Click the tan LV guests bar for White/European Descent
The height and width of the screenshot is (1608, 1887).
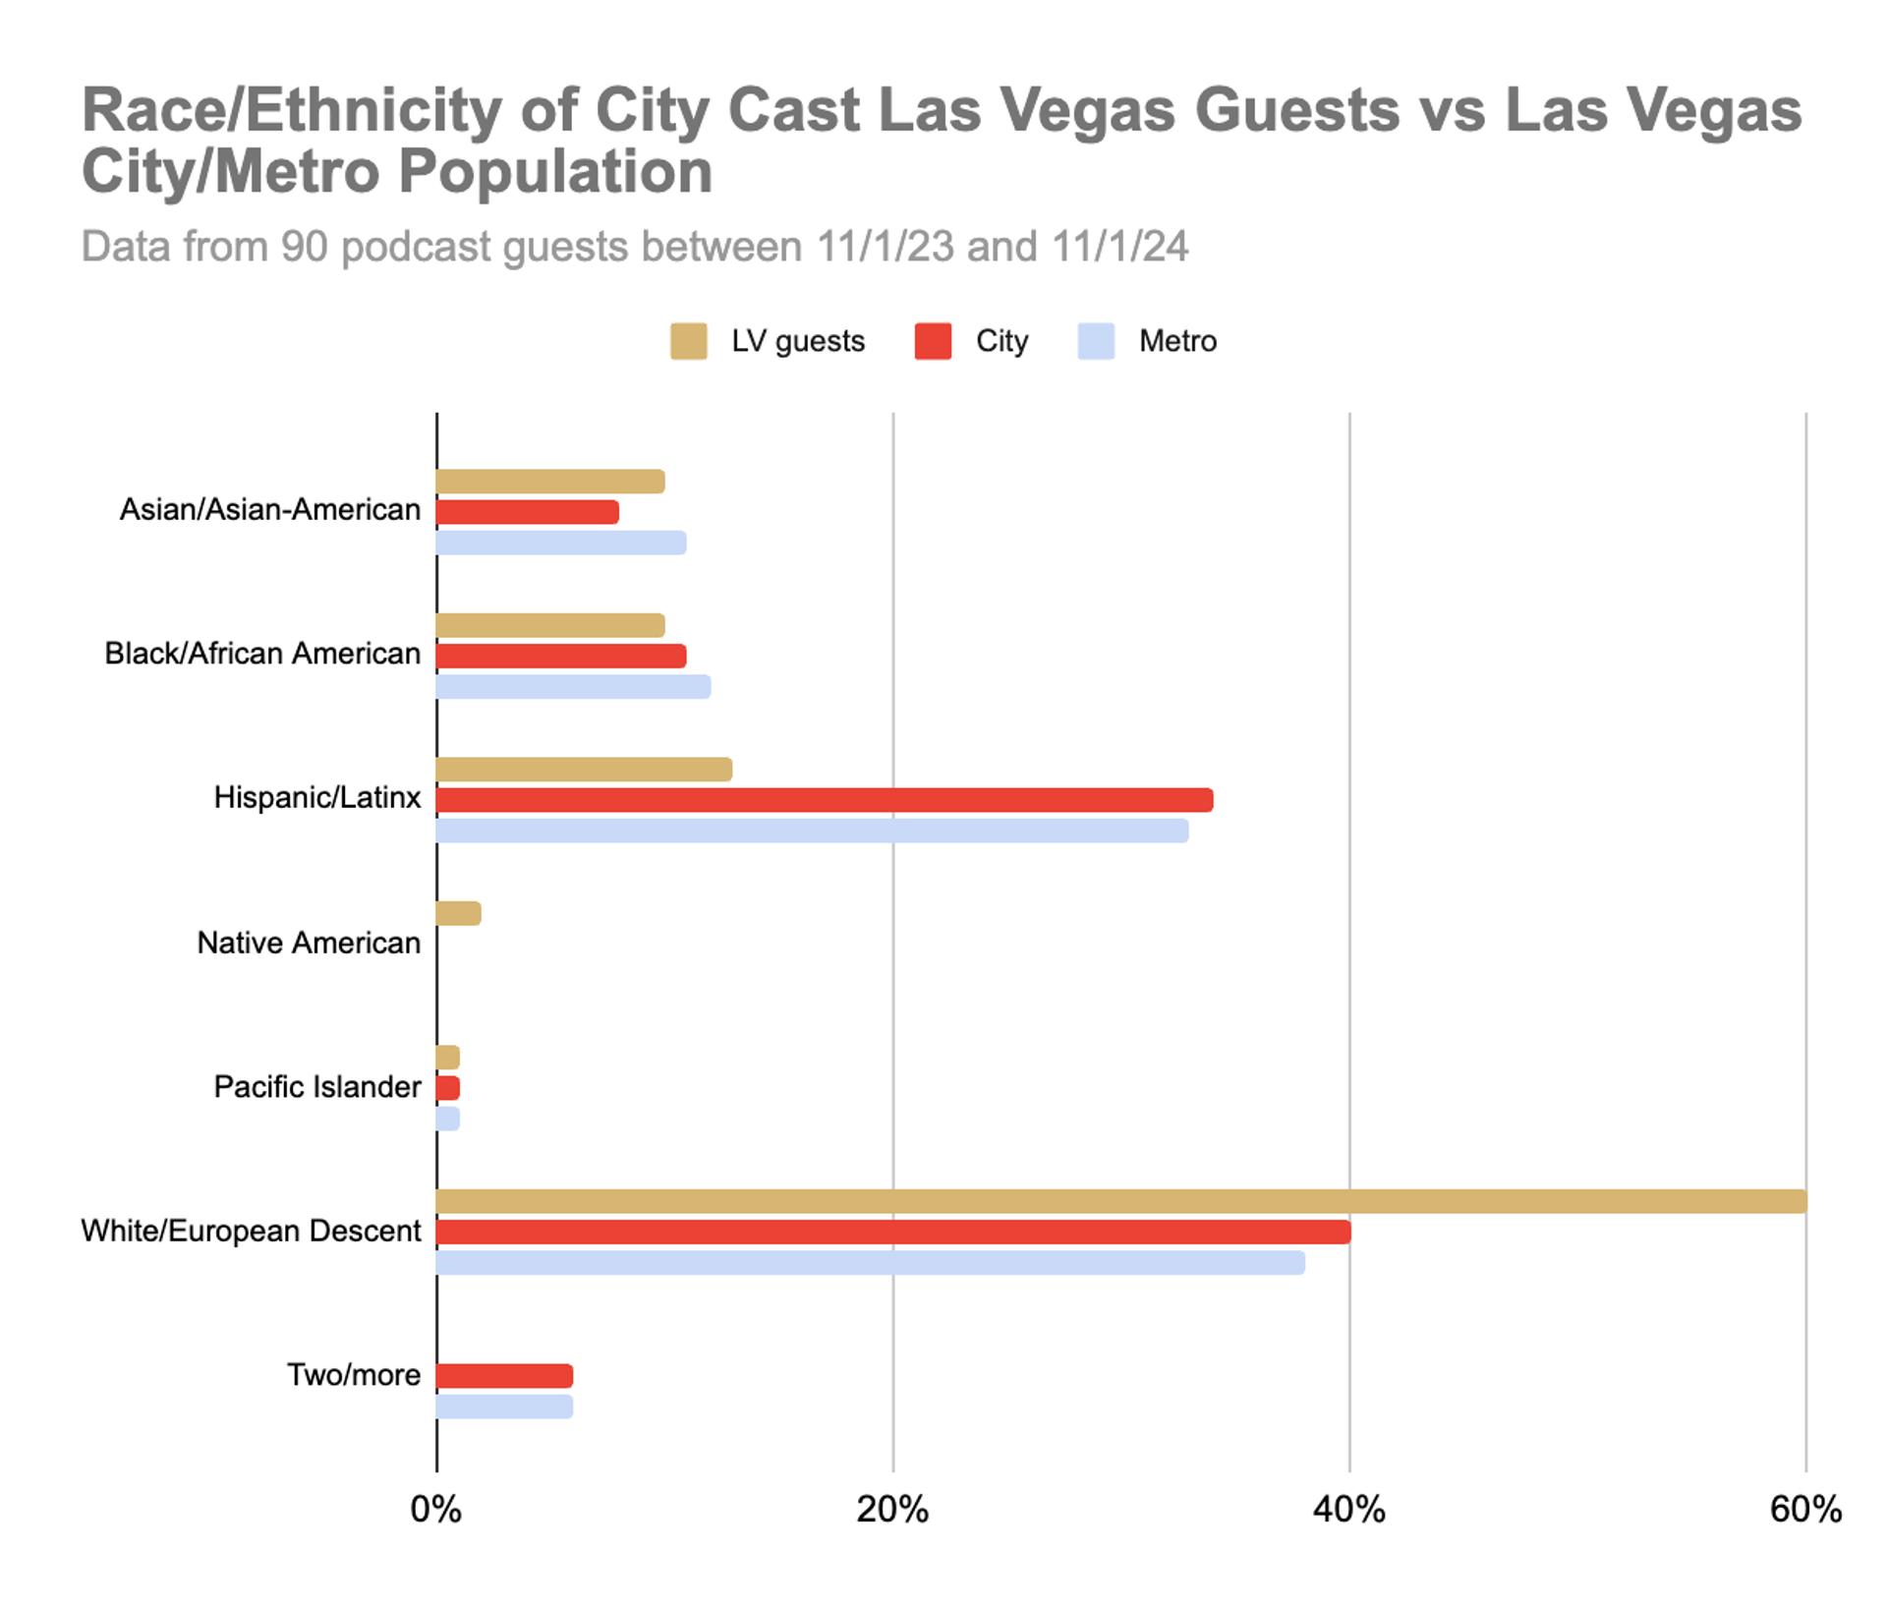[1120, 1201]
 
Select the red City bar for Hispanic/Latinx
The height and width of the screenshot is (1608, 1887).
[824, 800]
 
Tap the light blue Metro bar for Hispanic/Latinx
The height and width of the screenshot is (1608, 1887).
[812, 831]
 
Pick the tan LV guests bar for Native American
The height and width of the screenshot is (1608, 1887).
[458, 913]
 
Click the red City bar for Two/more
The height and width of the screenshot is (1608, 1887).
[504, 1376]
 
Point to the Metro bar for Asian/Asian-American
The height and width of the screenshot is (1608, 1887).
[561, 543]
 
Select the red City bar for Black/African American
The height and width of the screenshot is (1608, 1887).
[561, 656]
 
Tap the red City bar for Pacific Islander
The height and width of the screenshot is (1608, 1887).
[448, 1088]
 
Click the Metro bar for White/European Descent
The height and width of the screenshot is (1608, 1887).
[870, 1263]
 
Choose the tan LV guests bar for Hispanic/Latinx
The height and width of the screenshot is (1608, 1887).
[584, 770]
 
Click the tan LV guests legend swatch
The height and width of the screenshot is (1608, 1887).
[688, 341]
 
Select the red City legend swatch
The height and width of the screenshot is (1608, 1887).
[933, 341]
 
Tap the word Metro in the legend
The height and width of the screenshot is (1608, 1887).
[1177, 341]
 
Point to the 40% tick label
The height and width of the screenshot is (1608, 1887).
[1348, 1509]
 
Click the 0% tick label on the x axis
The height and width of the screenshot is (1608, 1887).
[435, 1509]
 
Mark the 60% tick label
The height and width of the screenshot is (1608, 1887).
[1805, 1509]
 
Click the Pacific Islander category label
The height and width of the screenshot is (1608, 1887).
[316, 1087]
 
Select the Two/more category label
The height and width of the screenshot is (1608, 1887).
[353, 1375]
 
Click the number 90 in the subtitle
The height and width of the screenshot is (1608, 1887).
[304, 247]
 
